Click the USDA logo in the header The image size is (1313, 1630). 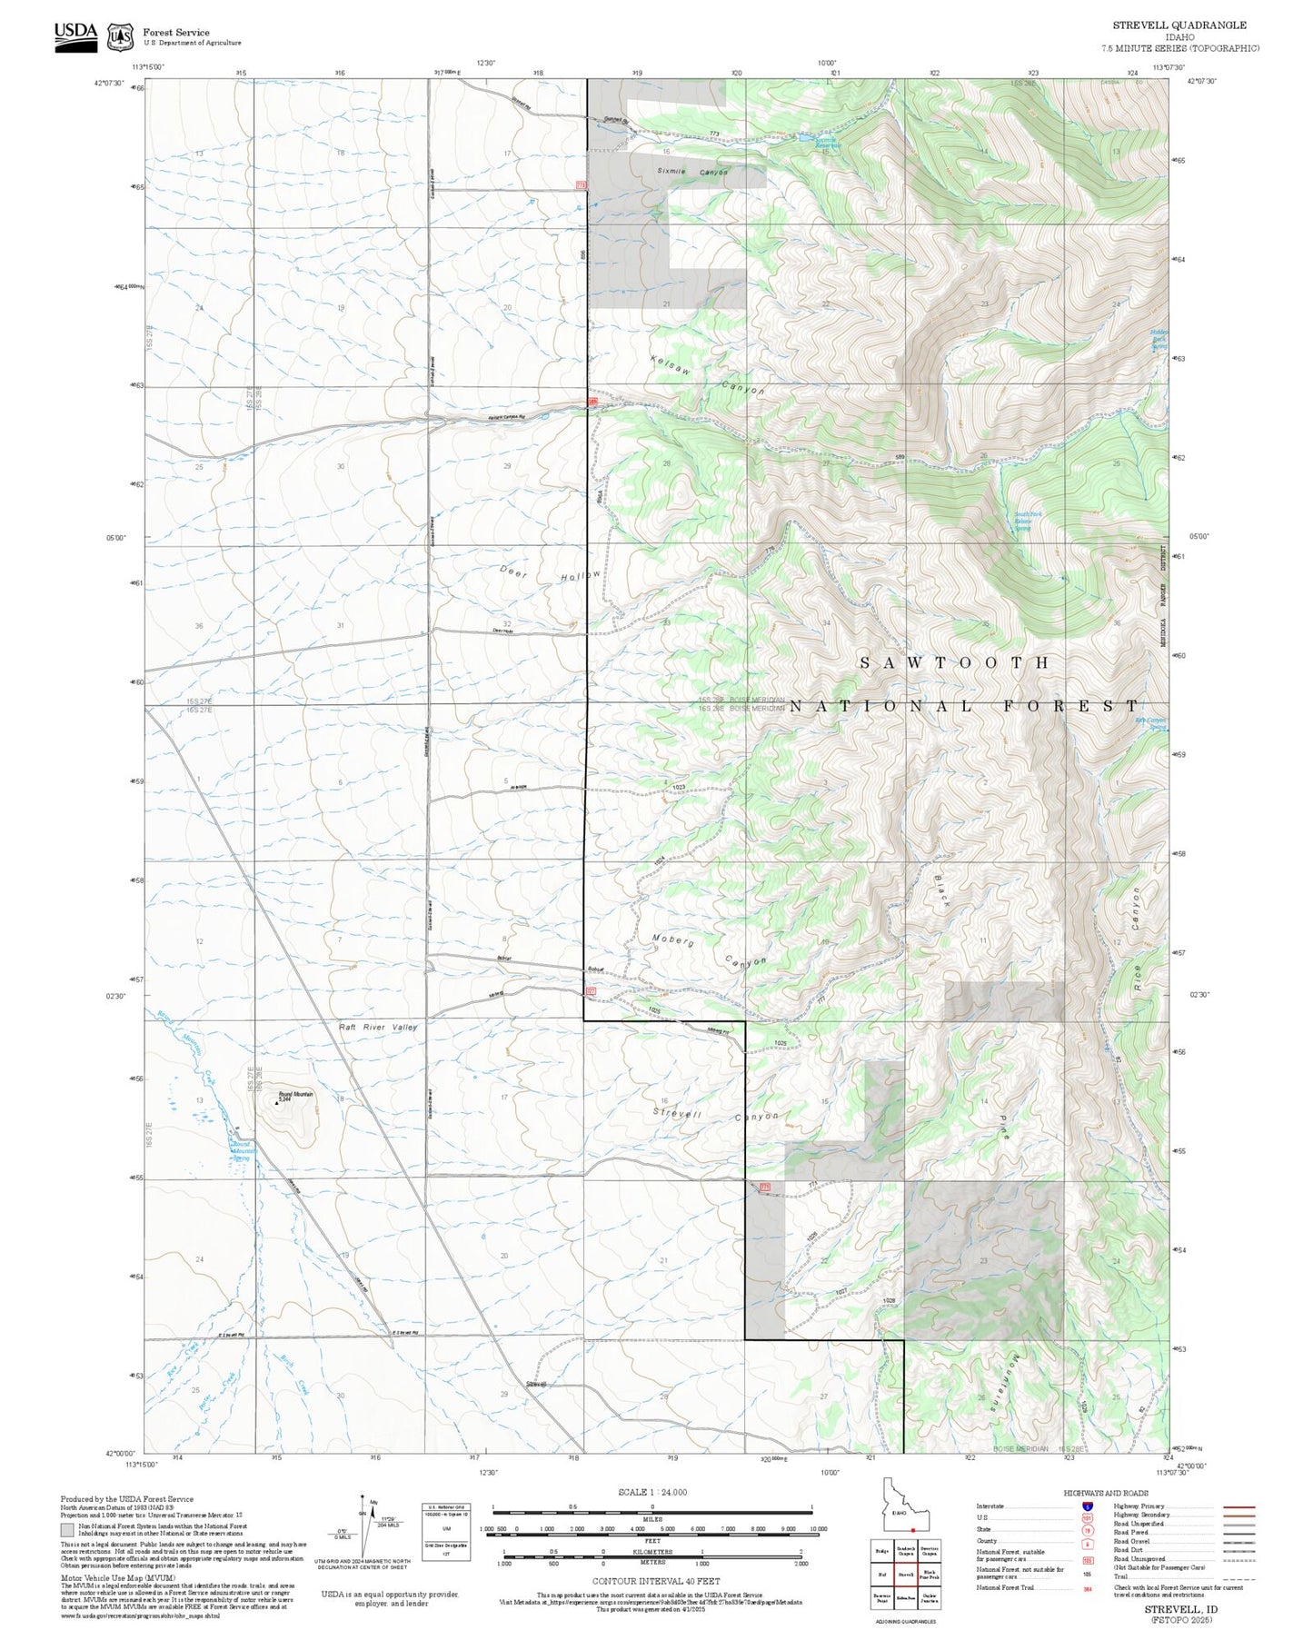pos(75,36)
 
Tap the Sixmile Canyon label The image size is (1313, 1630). pos(692,172)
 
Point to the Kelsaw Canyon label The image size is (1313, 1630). pos(708,374)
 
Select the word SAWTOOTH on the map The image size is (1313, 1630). pos(955,663)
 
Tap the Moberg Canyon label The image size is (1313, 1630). pos(710,951)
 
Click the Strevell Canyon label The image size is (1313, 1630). pos(715,1114)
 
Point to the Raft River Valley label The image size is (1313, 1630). pos(378,1027)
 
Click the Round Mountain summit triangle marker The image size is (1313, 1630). pos(276,1103)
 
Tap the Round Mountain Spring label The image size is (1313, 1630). pos(241,1151)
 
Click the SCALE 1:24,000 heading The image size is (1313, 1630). pos(652,1492)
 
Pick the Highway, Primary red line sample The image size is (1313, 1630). pos(1238,1506)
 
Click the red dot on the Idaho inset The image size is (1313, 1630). pos(911,1529)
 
